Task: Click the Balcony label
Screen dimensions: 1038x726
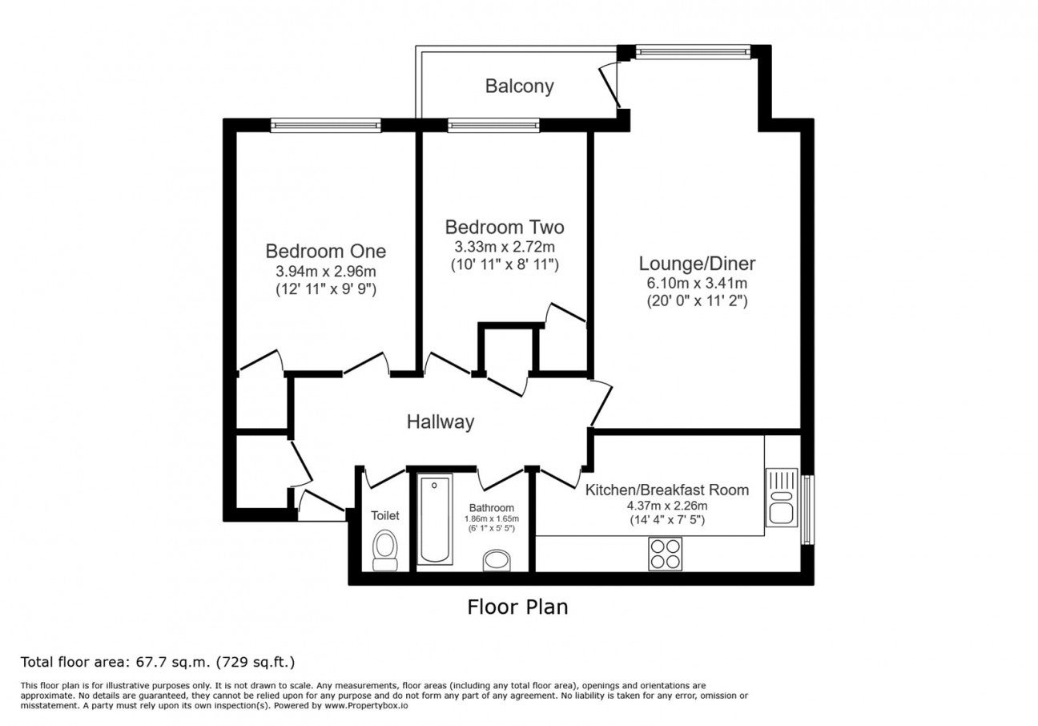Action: [520, 87]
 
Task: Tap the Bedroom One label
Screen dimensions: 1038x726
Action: [326, 252]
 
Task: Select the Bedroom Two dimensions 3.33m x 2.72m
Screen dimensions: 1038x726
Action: [505, 247]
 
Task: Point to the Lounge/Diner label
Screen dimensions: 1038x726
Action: [697, 264]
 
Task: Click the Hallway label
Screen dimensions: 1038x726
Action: [441, 422]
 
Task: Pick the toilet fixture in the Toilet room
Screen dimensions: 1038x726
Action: [385, 551]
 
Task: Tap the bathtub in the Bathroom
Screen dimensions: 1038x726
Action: [435, 518]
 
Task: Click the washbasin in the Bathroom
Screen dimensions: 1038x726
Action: [497, 561]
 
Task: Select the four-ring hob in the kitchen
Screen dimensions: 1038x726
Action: [665, 554]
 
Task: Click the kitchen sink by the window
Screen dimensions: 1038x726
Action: [781, 498]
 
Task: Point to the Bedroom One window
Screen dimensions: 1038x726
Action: [326, 125]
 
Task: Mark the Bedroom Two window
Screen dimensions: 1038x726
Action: [493, 125]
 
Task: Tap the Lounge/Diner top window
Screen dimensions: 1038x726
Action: [693, 51]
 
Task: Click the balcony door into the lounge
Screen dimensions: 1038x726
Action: [610, 87]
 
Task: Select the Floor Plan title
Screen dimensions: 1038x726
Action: [517, 607]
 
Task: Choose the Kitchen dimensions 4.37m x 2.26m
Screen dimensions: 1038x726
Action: [667, 506]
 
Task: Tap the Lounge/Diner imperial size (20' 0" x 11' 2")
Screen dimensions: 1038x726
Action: [698, 301]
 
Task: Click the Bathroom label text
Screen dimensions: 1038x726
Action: [491, 508]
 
